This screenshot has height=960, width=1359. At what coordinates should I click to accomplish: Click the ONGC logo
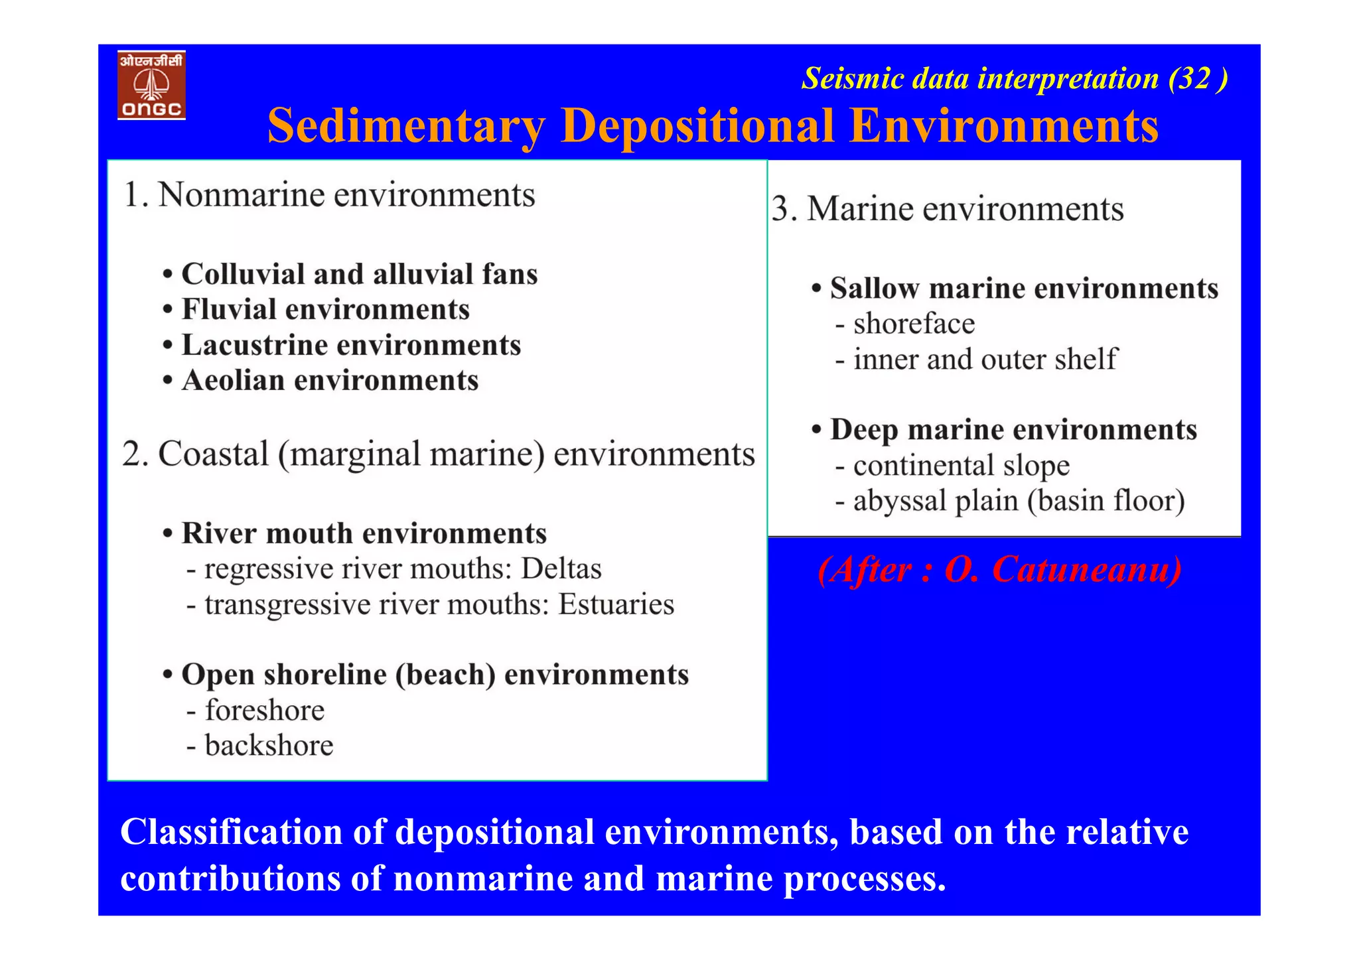(x=151, y=85)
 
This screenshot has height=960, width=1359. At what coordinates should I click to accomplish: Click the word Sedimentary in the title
(x=405, y=126)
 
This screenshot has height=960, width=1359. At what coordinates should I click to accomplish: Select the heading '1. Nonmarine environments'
(x=329, y=195)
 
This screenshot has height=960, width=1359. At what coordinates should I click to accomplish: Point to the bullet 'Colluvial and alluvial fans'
(x=359, y=274)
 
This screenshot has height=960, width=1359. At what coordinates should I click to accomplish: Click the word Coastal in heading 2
(x=213, y=454)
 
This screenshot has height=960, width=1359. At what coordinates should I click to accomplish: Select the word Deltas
(x=561, y=569)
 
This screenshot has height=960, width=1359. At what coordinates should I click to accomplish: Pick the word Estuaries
(x=616, y=604)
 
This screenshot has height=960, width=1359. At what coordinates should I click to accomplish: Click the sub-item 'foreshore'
(x=264, y=711)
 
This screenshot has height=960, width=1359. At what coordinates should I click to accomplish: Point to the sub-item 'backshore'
(x=269, y=746)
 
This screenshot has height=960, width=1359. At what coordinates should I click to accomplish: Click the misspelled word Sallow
(x=874, y=289)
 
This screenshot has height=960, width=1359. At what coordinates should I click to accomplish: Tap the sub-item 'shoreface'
(x=914, y=324)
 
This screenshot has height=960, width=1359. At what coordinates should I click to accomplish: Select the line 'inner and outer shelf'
(x=985, y=360)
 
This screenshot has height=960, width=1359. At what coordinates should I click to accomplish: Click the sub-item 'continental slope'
(x=961, y=466)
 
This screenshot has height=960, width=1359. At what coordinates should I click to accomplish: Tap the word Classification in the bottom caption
(x=231, y=832)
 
